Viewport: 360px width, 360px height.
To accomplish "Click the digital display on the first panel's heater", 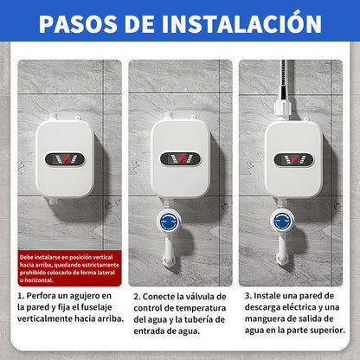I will [x=66, y=159].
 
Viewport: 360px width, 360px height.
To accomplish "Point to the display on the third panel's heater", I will [x=293, y=159].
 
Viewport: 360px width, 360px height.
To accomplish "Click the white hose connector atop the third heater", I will [x=282, y=110].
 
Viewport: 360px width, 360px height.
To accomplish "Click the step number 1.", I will [x=20, y=296].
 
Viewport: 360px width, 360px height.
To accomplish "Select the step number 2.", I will [x=136, y=296].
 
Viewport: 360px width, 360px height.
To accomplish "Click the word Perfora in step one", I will [x=42, y=296].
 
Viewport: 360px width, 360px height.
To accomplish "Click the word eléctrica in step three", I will [x=305, y=307].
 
